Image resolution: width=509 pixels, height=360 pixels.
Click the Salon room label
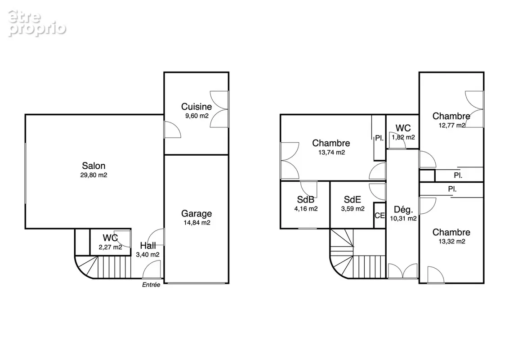[94, 166]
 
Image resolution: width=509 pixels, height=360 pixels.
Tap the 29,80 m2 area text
[94, 175]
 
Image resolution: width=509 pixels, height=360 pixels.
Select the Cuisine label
[196, 107]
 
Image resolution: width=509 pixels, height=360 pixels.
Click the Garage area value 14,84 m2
[196, 223]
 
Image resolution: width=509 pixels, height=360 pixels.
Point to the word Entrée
[151, 284]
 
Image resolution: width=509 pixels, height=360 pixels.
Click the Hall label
[148, 245]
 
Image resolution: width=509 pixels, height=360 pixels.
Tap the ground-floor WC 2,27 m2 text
[110, 247]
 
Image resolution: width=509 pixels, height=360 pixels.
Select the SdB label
[305, 199]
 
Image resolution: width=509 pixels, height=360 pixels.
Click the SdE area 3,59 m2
[353, 209]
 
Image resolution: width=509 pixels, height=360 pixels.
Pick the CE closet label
[380, 216]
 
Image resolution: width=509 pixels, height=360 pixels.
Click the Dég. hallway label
[403, 209]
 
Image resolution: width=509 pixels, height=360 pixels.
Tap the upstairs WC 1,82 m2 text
[403, 137]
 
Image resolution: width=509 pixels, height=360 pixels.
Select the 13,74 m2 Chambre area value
[331, 153]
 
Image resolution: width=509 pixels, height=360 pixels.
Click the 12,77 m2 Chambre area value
[452, 126]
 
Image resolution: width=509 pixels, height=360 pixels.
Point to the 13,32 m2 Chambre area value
[452, 241]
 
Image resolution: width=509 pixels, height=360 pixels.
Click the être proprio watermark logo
[37, 23]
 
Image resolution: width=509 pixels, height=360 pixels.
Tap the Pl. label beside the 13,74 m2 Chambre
[379, 138]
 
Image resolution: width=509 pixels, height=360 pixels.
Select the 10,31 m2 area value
[403, 219]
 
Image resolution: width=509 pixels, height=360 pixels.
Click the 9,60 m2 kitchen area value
[196, 116]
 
